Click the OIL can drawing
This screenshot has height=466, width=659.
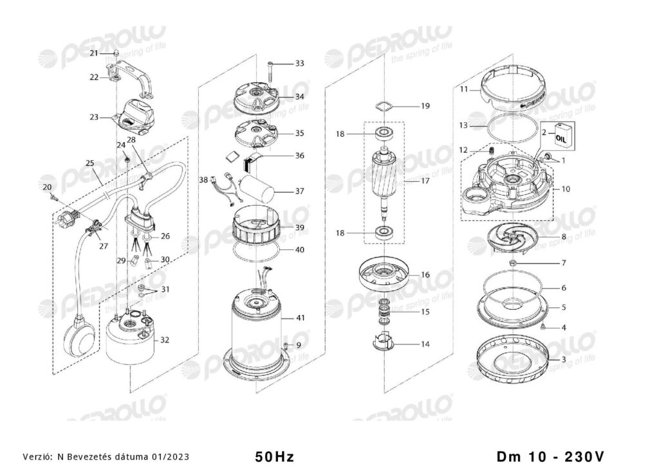tap(562, 135)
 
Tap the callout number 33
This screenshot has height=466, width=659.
tap(299, 64)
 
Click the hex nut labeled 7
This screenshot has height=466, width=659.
tap(513, 264)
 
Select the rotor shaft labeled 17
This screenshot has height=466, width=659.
tap(385, 182)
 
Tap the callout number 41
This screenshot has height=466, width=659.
tap(300, 318)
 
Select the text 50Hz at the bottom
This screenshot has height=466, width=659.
tap(274, 456)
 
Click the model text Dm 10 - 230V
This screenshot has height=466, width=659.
tap(551, 456)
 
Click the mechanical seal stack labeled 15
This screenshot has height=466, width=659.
tap(385, 312)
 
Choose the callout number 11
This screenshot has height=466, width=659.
tap(463, 89)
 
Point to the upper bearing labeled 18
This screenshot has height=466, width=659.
tap(384, 134)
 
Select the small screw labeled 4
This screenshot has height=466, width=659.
tap(543, 327)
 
